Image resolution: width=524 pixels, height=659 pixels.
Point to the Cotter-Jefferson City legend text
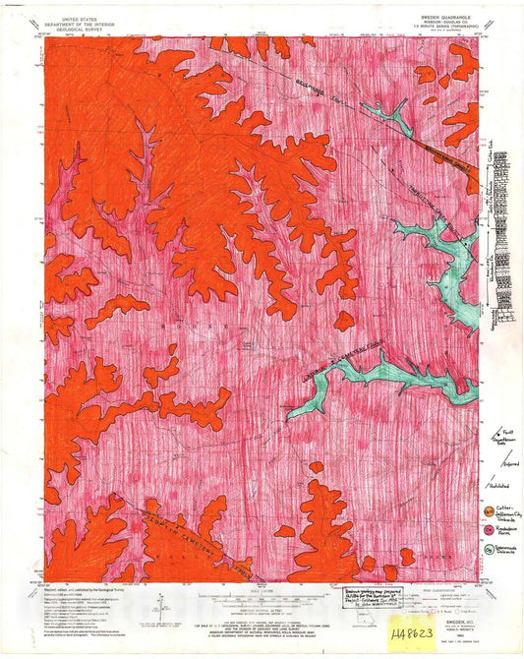click(505, 509)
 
